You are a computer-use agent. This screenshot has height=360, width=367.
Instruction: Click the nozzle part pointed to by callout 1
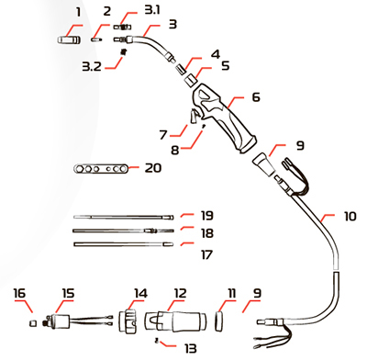point(70,40)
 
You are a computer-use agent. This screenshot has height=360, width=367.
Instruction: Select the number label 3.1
point(152,10)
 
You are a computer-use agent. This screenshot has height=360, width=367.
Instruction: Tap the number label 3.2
point(92,66)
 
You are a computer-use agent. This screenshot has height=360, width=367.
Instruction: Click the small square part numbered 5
point(191,82)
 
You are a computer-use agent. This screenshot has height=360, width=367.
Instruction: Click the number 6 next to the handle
point(256,97)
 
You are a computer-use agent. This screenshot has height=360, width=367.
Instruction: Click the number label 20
point(153,168)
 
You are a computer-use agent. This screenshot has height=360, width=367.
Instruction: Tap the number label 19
point(207,215)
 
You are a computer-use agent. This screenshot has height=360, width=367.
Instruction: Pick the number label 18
point(207,233)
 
